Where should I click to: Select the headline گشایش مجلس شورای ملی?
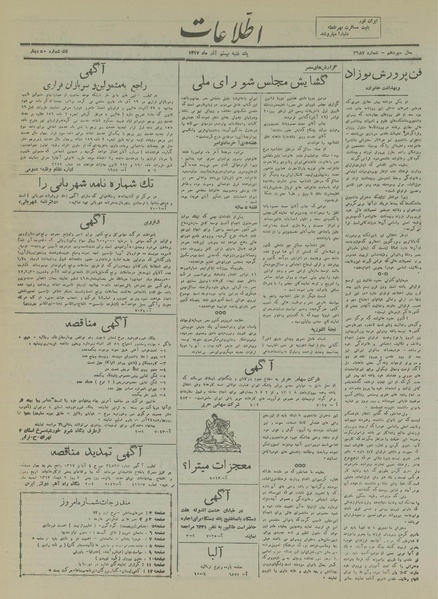(x=268, y=103)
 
